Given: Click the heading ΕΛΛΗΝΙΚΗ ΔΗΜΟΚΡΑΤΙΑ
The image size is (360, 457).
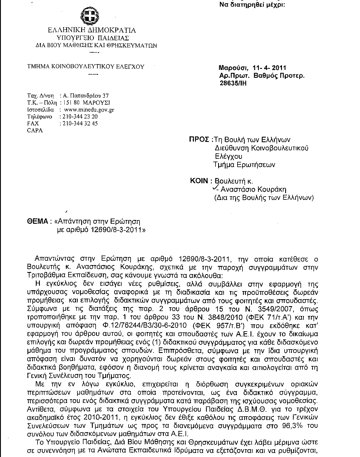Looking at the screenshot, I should (x=92, y=30).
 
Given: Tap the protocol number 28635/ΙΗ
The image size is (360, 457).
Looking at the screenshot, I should (x=233, y=83).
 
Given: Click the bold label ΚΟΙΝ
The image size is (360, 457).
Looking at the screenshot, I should (x=199, y=181).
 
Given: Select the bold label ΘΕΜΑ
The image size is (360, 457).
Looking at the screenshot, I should (x=37, y=221).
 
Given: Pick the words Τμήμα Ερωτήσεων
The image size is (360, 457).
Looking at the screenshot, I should (x=244, y=165).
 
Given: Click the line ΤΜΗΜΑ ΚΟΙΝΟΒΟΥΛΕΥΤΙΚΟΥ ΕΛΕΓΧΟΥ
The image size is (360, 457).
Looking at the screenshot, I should (x=86, y=66).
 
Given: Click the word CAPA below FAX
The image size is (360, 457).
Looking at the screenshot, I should (x=35, y=130).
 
